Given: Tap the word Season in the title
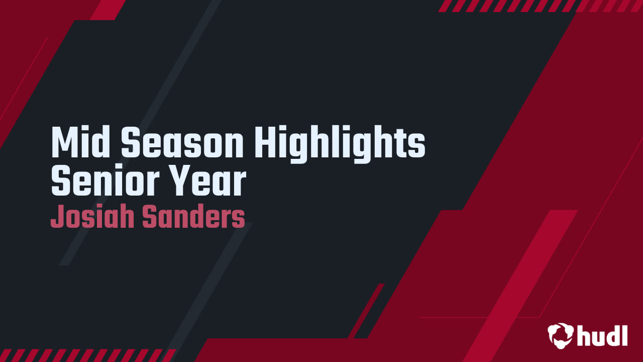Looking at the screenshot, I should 182,143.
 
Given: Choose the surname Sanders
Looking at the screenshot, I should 193,217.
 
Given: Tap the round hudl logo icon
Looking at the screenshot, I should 561,335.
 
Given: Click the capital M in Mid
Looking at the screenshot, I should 63,143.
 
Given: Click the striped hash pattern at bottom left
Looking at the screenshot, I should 85,355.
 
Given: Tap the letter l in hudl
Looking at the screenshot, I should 624,334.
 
